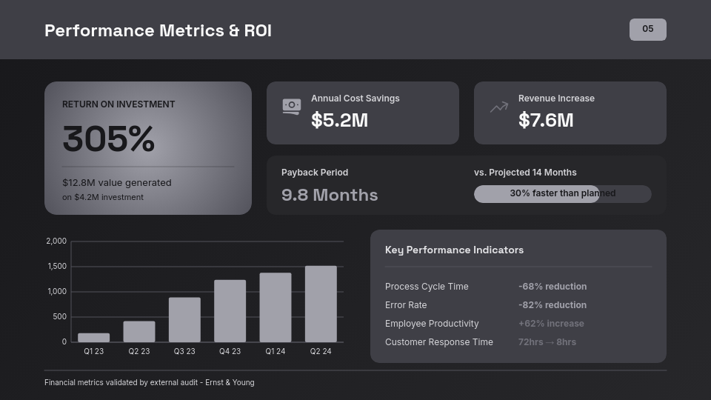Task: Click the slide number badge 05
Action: click(647, 30)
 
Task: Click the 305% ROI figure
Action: click(109, 139)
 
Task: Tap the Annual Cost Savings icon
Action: click(292, 107)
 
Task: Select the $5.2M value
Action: click(339, 120)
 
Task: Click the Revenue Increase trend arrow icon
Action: click(499, 107)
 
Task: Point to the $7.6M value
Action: click(546, 120)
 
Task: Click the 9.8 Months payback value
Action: click(330, 195)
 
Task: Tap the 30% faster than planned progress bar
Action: click(562, 193)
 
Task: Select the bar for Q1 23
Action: click(94, 337)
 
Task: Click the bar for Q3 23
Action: click(184, 319)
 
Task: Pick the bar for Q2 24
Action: click(321, 304)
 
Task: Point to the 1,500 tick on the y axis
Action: click(56, 266)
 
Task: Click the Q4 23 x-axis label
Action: click(230, 351)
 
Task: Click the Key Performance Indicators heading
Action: click(454, 250)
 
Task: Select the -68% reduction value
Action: click(553, 287)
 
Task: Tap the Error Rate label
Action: click(406, 305)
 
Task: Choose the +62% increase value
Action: click(551, 324)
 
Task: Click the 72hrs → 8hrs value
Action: click(547, 342)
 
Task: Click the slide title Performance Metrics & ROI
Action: click(158, 30)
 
